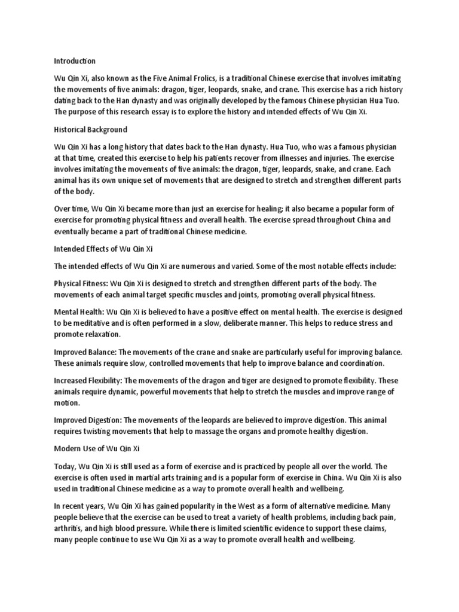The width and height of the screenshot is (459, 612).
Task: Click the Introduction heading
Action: pos(75,61)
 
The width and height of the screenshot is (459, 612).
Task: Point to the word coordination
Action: pos(357,363)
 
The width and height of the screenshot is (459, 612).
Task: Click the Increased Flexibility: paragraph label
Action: pos(88,381)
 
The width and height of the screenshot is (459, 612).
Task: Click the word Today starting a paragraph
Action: pos(65,466)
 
